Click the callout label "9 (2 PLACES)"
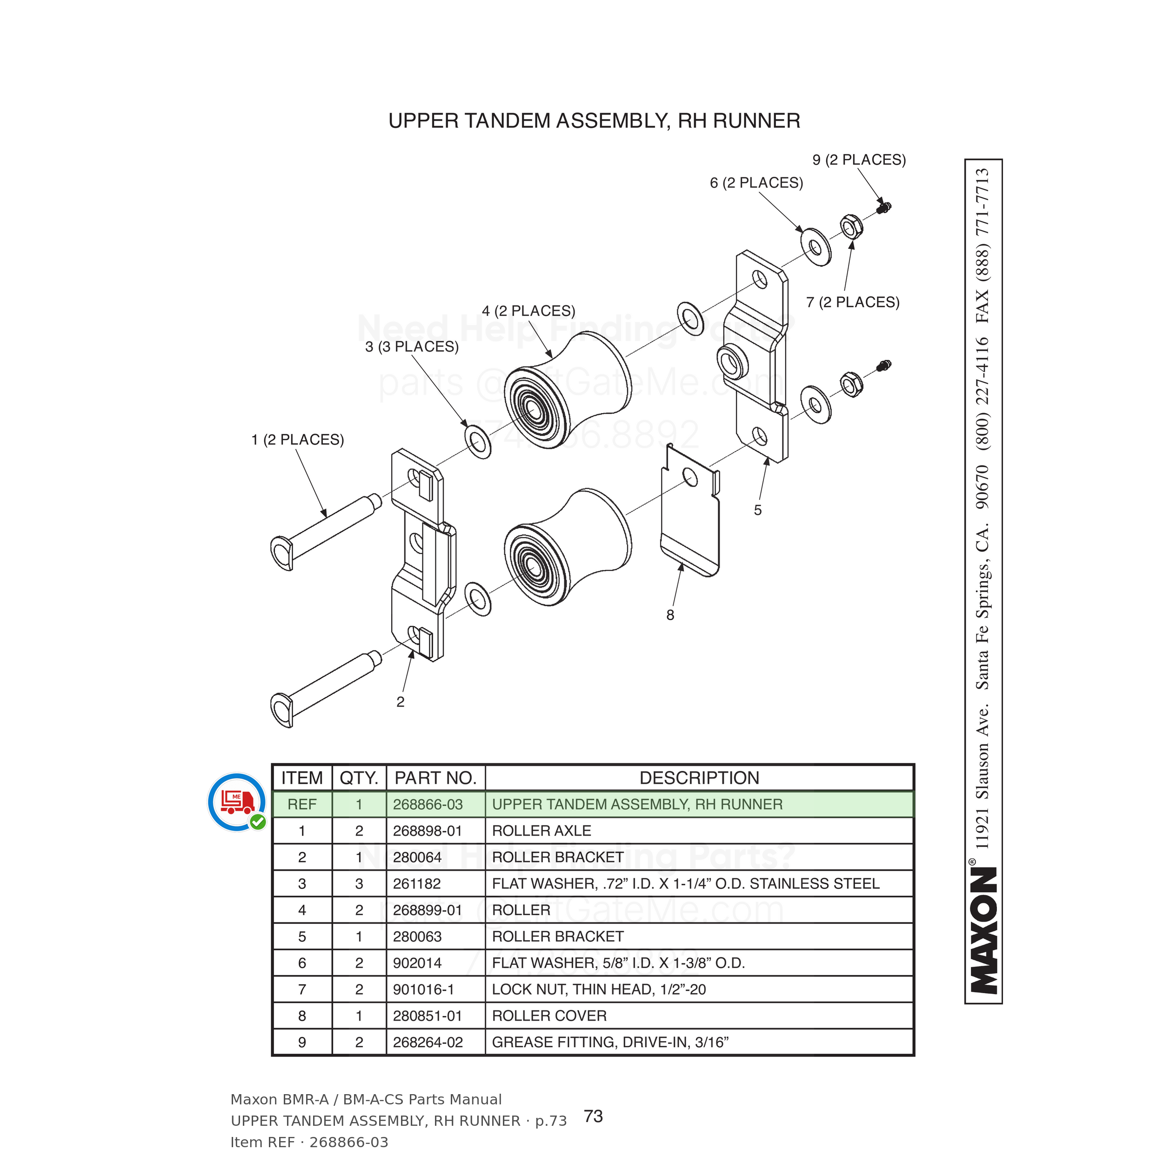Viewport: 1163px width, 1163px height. (859, 160)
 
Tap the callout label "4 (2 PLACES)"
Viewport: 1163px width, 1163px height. (528, 311)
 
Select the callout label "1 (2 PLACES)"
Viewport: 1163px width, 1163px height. (297, 440)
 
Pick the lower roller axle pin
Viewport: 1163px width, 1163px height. (326, 689)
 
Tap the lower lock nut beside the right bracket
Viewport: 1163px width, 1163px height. (851, 384)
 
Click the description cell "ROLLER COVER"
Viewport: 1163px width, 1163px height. (549, 1016)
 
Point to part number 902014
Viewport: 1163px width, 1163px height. (417, 963)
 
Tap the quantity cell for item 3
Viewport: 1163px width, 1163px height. (360, 884)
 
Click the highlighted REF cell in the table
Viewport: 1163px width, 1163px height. (302, 805)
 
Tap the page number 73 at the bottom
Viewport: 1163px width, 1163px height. (594, 1116)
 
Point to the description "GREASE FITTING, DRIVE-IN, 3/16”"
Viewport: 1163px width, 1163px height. (610, 1043)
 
